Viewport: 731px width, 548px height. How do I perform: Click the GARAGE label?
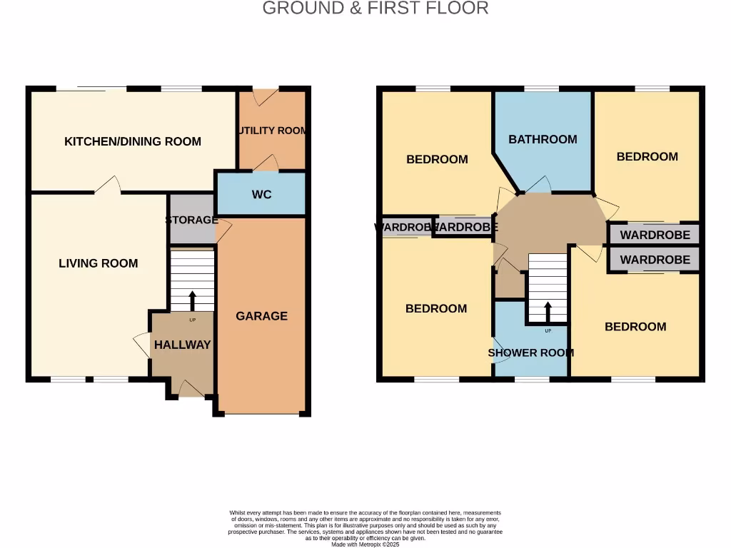tap(262, 316)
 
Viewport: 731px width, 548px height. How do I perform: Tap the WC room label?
tap(262, 194)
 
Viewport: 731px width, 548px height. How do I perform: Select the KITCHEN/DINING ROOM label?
tap(133, 141)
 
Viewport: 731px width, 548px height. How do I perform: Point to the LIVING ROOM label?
tap(99, 263)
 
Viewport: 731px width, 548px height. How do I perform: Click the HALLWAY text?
tap(183, 345)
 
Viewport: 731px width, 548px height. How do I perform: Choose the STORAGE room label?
tap(191, 220)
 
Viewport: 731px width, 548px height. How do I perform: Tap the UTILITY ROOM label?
tap(272, 131)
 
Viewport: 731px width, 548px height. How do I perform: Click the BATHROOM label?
tap(543, 139)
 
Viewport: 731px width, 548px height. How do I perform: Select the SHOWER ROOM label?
tap(530, 352)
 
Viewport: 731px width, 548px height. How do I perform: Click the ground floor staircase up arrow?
tap(192, 300)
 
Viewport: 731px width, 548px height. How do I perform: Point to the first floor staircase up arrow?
tap(548, 312)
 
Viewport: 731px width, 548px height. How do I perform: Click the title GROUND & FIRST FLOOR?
tap(375, 9)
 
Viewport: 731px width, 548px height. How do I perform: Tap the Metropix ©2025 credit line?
tap(365, 544)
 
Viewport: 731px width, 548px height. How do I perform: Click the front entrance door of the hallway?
tap(190, 389)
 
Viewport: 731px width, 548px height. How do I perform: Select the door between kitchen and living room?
tap(107, 186)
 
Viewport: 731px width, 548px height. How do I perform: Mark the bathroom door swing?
tap(539, 185)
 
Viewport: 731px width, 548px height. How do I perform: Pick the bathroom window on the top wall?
tap(541, 88)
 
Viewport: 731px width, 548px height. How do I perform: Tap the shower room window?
tap(531, 379)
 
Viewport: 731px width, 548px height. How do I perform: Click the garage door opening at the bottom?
tap(262, 414)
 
